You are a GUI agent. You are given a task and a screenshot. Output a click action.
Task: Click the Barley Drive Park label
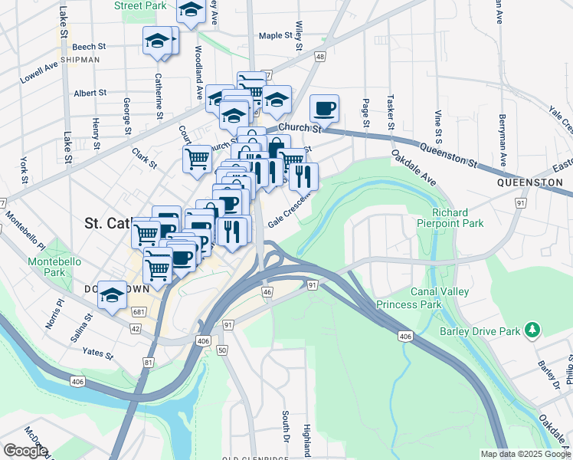coord(480,331)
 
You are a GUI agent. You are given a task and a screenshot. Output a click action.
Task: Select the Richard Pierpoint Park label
coord(458,218)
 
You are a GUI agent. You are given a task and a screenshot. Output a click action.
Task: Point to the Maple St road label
coord(277,35)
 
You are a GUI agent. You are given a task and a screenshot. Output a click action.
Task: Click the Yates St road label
coord(97,355)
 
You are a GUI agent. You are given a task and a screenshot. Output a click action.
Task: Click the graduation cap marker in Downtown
coord(112,295)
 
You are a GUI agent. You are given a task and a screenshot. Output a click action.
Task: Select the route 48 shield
coord(319,57)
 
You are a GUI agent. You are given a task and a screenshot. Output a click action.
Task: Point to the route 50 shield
coord(222,350)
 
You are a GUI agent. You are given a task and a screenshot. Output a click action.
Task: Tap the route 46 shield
coord(267,292)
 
